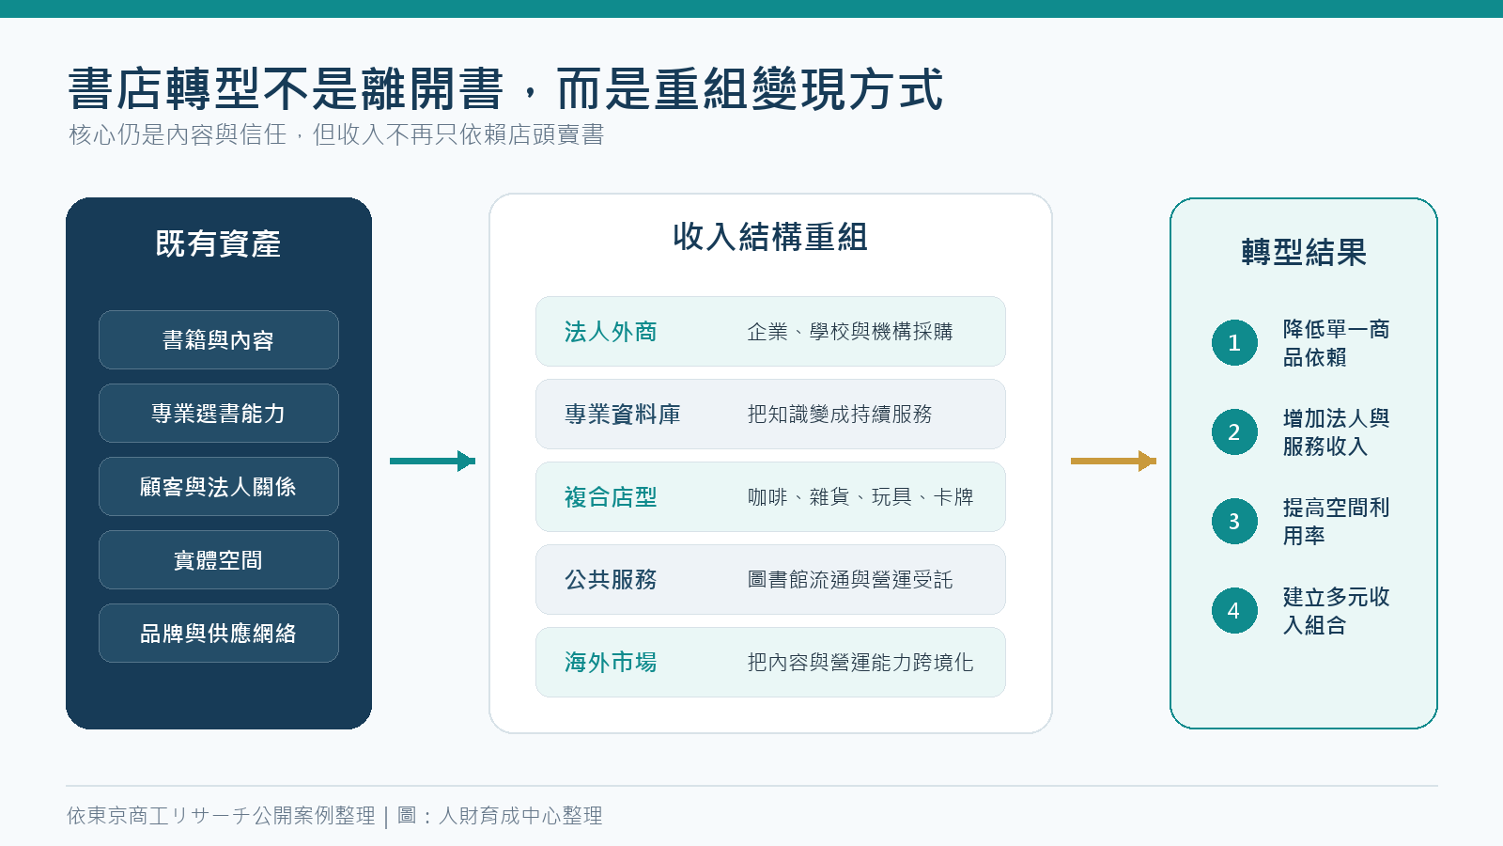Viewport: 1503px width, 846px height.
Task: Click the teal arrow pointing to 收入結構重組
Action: click(x=432, y=461)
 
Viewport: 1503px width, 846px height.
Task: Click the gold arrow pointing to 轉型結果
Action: click(x=1113, y=461)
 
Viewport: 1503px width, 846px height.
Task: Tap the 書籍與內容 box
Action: click(x=219, y=339)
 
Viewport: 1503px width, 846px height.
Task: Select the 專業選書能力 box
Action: click(x=219, y=413)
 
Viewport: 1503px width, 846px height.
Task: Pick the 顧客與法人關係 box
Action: click(x=219, y=486)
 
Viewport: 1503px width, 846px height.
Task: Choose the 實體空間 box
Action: click(x=219, y=560)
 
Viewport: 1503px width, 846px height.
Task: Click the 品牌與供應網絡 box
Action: click(x=219, y=634)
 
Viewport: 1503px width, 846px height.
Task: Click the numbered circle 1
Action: click(x=1234, y=342)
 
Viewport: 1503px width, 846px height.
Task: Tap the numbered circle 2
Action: click(x=1234, y=431)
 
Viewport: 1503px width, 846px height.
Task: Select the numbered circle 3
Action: click(x=1234, y=521)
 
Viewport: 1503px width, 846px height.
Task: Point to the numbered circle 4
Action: click(x=1234, y=610)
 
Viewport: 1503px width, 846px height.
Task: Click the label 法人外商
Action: click(x=611, y=332)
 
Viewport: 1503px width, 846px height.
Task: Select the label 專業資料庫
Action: click(x=623, y=415)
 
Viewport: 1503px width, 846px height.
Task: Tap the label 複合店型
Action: click(x=611, y=497)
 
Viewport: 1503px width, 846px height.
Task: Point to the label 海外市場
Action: click(x=611, y=663)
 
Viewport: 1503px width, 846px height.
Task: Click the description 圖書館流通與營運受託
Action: click(x=850, y=579)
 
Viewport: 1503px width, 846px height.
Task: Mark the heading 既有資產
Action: click(x=218, y=243)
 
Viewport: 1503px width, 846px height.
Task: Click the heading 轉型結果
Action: click(x=1304, y=253)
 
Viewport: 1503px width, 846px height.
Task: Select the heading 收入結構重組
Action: click(x=770, y=237)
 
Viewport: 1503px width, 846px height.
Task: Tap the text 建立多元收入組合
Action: click(x=1336, y=611)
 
